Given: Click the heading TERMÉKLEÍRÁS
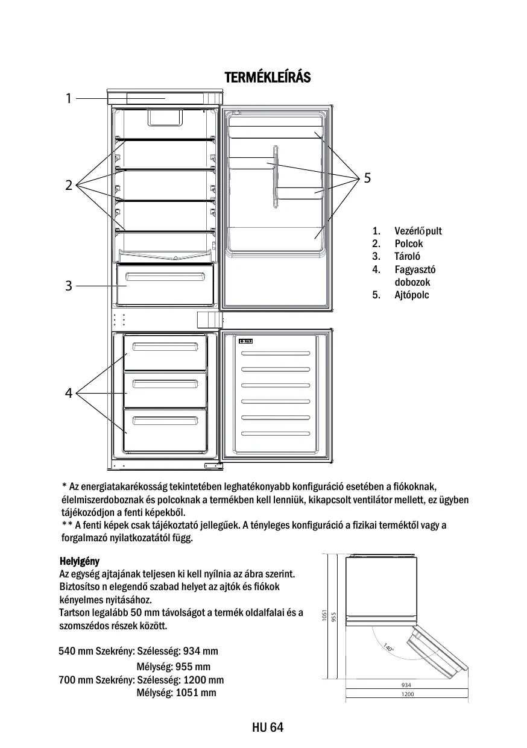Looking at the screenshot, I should [x=268, y=78].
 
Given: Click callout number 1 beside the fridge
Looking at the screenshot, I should [x=69, y=98].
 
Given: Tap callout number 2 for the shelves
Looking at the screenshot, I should [x=69, y=185].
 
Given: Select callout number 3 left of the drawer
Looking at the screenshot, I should [x=69, y=286].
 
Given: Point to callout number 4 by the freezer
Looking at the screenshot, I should [x=69, y=394].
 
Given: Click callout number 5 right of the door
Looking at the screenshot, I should [x=368, y=178].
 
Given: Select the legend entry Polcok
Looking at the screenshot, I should [x=409, y=244].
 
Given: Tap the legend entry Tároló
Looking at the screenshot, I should [x=408, y=257].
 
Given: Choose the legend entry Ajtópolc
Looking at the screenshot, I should [x=412, y=295].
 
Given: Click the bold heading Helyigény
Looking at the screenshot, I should [x=79, y=562].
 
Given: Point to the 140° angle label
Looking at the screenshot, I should [x=388, y=649].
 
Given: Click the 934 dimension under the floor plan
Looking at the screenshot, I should [x=406, y=685].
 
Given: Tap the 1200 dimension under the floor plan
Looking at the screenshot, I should [x=408, y=694].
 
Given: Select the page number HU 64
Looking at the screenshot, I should [x=268, y=728].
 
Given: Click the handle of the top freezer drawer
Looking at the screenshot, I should [x=165, y=346].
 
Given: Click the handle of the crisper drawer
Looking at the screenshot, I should [x=165, y=277].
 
